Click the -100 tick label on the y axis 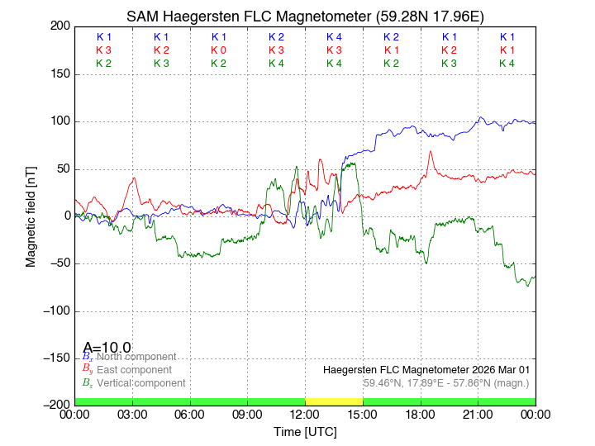click(55, 311)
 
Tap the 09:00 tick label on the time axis click(247, 414)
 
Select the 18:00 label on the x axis click(421, 414)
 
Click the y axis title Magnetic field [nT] click(31, 215)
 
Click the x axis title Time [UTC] click(305, 432)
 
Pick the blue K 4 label click(334, 37)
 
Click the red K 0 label click(218, 50)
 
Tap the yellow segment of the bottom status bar click(334, 401)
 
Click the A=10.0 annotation click(107, 348)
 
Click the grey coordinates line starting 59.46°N click(446, 383)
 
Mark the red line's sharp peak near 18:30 click(431, 152)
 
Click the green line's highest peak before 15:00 click(354, 164)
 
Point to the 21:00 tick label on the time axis click(478, 414)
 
